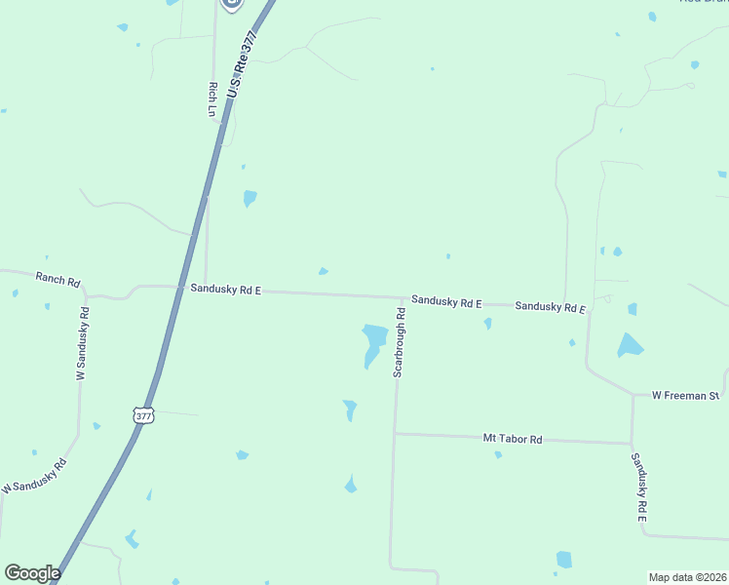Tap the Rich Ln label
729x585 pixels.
pos(211,99)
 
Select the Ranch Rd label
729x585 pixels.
pos(58,280)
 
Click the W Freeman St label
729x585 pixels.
pos(685,395)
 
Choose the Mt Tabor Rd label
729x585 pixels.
pos(513,440)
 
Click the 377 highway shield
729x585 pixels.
pos(143,415)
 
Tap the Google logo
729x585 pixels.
pos(32,573)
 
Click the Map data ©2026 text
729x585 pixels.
pos(687,577)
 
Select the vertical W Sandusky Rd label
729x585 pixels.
pos(82,343)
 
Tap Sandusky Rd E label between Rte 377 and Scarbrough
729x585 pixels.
pos(225,289)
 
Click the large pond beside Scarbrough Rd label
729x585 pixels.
pos(373,341)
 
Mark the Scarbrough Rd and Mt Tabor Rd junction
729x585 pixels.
pos(395,433)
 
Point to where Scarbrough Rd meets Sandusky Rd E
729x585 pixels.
pos(403,297)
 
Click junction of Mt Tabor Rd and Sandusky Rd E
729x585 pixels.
pos(632,444)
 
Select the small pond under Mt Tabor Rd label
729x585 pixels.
pos(498,454)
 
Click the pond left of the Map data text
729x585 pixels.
pos(563,560)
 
